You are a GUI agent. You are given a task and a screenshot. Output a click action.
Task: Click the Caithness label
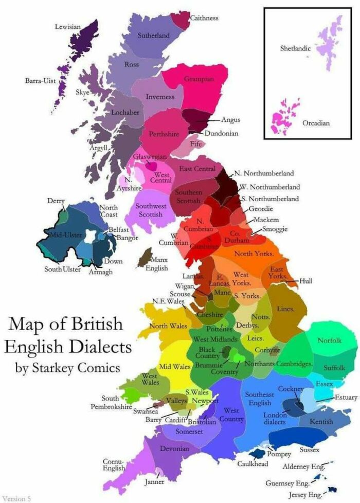click(x=204, y=18)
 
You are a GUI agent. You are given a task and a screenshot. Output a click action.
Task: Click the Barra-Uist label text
click(x=40, y=81)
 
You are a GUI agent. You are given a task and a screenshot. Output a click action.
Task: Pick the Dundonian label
click(x=221, y=133)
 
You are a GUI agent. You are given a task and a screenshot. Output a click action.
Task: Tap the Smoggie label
click(x=275, y=229)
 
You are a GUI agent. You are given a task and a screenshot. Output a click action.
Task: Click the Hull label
click(x=306, y=281)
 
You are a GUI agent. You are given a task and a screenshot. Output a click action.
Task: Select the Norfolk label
click(x=329, y=340)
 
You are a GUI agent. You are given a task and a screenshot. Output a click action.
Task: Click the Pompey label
click(x=279, y=454)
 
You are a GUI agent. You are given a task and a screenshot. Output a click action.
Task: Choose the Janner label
click(x=154, y=482)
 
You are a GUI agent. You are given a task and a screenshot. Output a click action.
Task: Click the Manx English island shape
click(x=145, y=257)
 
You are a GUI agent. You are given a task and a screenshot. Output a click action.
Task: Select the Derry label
click(x=56, y=201)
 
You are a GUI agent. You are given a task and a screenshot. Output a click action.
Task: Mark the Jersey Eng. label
click(x=305, y=494)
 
